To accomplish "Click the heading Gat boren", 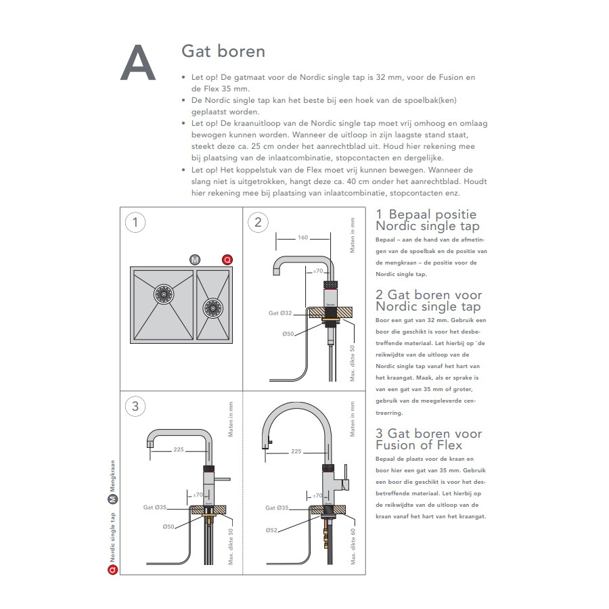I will pos(223,51).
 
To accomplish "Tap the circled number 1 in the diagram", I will pos(135,222).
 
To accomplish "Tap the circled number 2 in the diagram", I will pos(258,222).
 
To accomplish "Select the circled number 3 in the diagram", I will pos(135,406).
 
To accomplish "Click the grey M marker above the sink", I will pos(196,260).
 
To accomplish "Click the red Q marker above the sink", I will pos(227,260).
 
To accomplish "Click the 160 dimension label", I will pos(302,238).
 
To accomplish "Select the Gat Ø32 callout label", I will pos(279,313).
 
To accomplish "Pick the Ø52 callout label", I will pos(272,529).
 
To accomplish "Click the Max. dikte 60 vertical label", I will pos(353,546).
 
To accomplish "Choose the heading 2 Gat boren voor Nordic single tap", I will pos(429,300).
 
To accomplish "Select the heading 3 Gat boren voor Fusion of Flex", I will pos(429,439).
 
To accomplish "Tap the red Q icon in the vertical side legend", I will pos(113,570).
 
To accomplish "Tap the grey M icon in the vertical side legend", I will pos(113,501).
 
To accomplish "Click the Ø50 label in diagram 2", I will pos(288,334).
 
